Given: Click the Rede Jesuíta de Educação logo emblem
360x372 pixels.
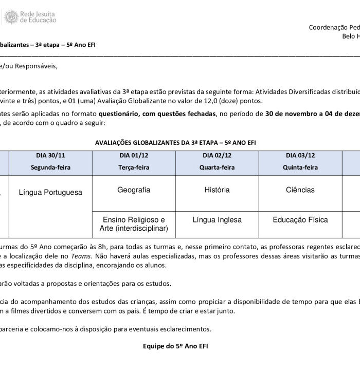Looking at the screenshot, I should tap(11, 17).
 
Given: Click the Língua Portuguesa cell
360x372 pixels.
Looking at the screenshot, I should tap(50, 192).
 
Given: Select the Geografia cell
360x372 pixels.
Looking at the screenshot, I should tap(134, 190).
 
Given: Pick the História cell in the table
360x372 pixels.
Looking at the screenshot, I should tap(217, 190).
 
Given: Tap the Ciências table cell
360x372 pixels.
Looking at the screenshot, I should tap(300, 190).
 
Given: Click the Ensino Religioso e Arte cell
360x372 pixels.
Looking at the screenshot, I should tap(134, 224).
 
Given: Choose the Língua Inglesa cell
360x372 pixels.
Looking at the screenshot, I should tap(217, 220).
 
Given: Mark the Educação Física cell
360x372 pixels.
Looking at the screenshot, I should tap(300, 220).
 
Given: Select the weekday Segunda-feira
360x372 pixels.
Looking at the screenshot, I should tap(50, 168).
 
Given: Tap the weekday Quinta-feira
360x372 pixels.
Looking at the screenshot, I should tap(300, 168).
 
